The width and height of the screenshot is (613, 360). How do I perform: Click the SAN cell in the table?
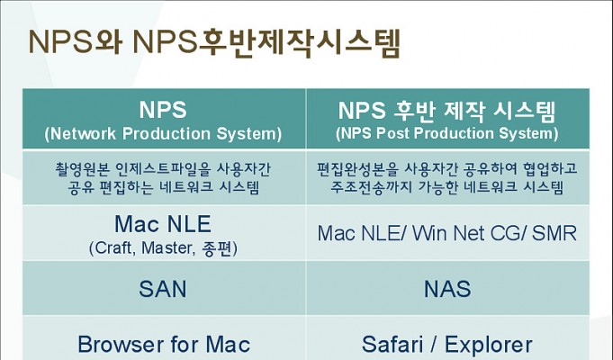click(x=164, y=288)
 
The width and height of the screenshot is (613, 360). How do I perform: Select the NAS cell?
click(x=447, y=288)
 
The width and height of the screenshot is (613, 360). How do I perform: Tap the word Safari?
click(x=392, y=345)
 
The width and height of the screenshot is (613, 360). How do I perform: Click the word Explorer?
click(x=488, y=345)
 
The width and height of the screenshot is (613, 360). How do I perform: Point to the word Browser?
click(x=121, y=345)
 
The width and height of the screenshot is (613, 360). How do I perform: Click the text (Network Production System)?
click(x=163, y=134)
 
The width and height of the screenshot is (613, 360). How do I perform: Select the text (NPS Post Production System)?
click(x=446, y=133)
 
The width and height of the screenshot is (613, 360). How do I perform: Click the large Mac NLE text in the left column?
click(x=163, y=224)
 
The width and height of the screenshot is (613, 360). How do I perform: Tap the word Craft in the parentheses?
click(x=113, y=248)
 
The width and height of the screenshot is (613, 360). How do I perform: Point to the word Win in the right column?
click(x=429, y=233)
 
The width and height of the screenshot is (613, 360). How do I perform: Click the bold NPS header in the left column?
click(x=163, y=110)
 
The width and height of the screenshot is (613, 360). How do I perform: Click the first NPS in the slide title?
click(x=60, y=41)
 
